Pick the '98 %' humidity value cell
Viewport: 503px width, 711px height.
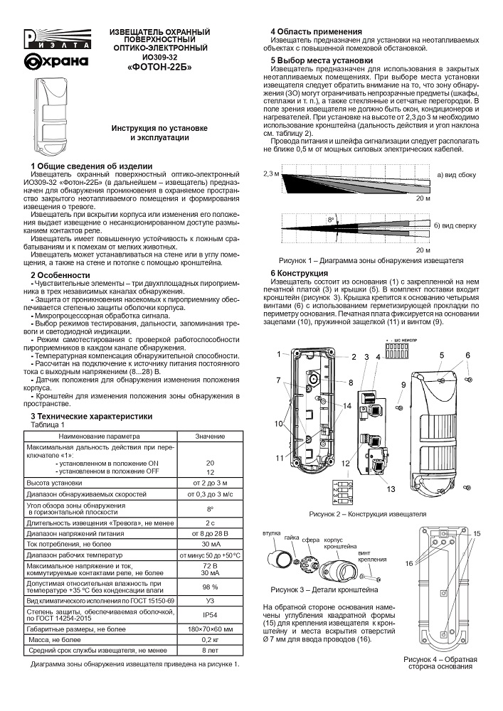point(210,587)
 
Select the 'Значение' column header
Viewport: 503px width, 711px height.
point(210,435)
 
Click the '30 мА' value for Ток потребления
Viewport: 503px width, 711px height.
point(210,542)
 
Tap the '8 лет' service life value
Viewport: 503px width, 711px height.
point(210,649)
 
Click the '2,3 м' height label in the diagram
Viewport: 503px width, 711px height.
point(270,174)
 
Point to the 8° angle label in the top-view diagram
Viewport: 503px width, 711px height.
point(330,220)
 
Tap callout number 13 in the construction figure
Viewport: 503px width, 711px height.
point(390,488)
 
